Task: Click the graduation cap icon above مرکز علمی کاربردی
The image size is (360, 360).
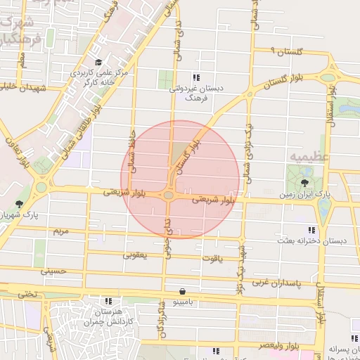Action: coord(99,62)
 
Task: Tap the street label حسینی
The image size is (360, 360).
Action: coord(53,270)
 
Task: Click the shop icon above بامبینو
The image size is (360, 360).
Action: coord(183,290)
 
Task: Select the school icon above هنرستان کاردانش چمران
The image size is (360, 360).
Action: coord(108,300)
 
